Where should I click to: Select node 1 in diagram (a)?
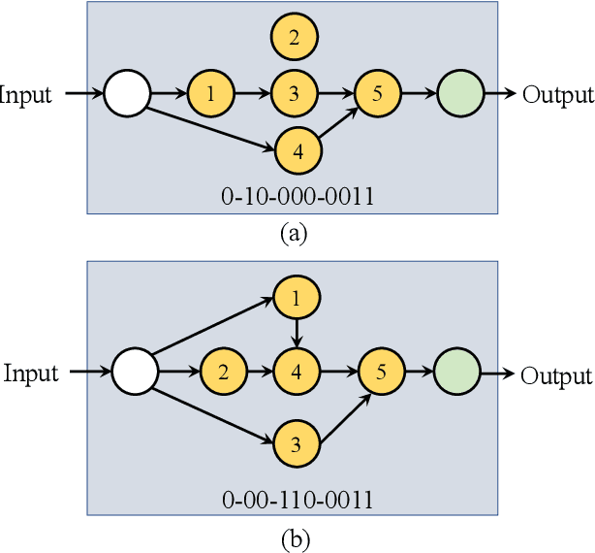pyautogui.click(x=211, y=94)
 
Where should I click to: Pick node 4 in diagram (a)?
pyautogui.click(x=297, y=150)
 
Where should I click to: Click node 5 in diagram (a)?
pyautogui.click(x=377, y=94)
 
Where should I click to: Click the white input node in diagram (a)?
pyautogui.click(x=127, y=94)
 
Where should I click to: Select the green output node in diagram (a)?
pyautogui.click(x=460, y=94)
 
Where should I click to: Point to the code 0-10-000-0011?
pyautogui.click(x=297, y=198)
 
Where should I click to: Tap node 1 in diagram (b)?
pyautogui.click(x=297, y=298)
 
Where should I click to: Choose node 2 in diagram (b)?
pyautogui.click(x=222, y=372)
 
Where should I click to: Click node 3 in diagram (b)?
pyautogui.click(x=297, y=445)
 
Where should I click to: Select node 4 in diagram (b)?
pyautogui.click(x=297, y=372)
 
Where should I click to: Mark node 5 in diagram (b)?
pyautogui.click(x=381, y=372)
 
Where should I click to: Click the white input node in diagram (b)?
pyautogui.click(x=136, y=372)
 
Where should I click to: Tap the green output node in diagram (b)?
pyautogui.click(x=455, y=372)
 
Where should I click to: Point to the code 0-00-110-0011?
pyautogui.click(x=297, y=500)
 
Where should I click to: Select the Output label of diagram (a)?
pyautogui.click(x=557, y=95)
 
